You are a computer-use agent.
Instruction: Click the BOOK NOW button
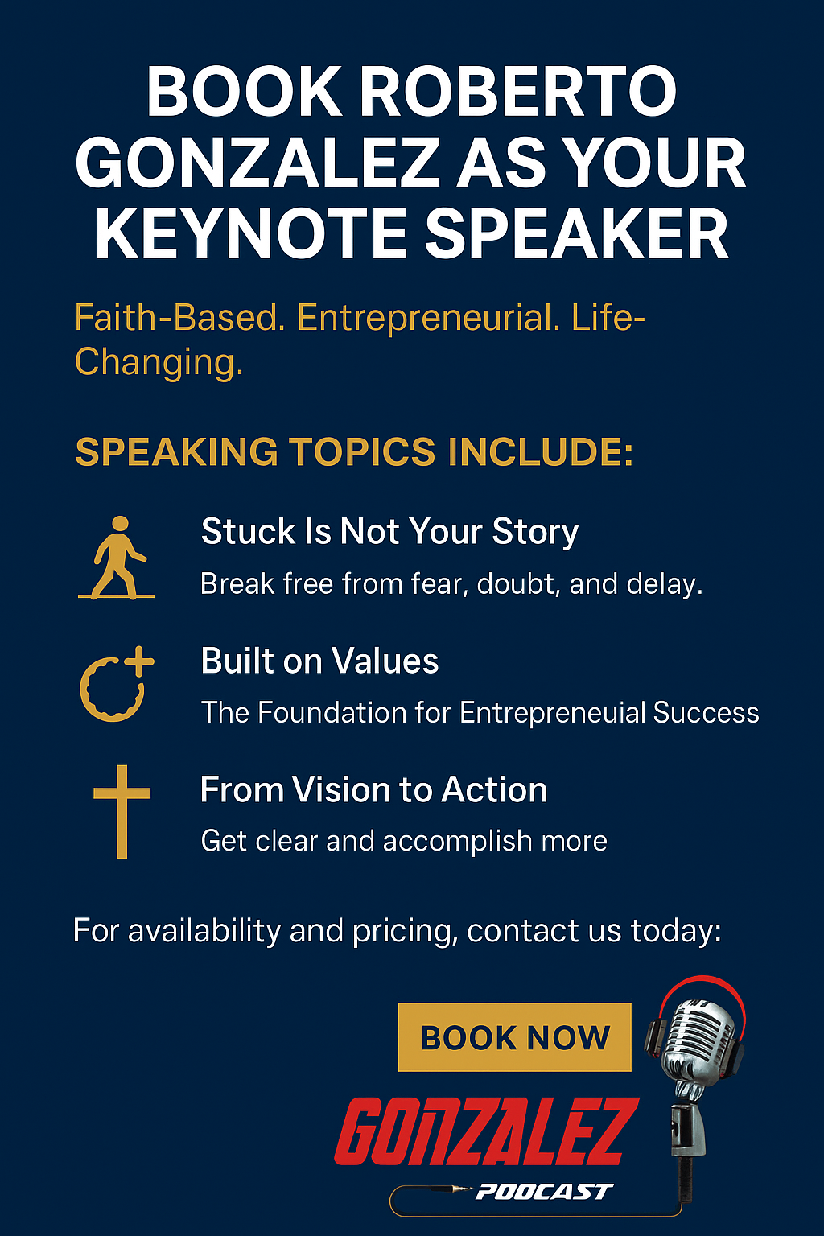(x=514, y=1036)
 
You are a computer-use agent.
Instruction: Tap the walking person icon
(x=117, y=557)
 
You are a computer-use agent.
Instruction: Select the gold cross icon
(x=122, y=811)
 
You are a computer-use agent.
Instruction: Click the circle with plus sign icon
(x=117, y=684)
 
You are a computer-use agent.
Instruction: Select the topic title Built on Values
(x=319, y=661)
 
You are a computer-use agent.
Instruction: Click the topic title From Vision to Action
(x=373, y=789)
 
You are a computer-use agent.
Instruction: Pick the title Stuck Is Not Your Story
(x=389, y=532)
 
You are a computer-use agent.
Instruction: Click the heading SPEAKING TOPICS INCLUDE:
(x=354, y=451)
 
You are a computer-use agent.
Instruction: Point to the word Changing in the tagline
(x=159, y=363)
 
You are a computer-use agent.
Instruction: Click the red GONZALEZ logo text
(x=487, y=1131)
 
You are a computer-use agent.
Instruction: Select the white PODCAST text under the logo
(x=544, y=1192)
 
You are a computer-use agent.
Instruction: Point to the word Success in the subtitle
(x=706, y=712)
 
